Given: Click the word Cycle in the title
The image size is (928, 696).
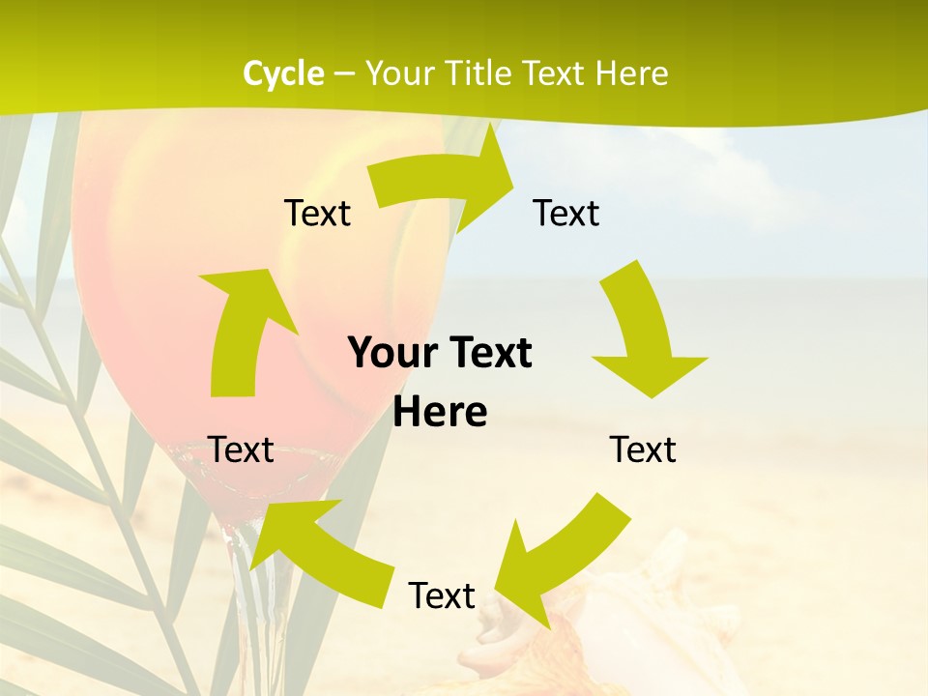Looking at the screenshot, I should click(x=283, y=73).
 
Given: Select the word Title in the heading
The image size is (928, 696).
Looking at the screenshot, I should click(x=479, y=73).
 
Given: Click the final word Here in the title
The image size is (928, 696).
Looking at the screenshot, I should click(x=630, y=73).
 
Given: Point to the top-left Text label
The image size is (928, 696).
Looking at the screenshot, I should click(x=317, y=213).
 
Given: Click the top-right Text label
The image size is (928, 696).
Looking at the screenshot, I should click(x=566, y=213).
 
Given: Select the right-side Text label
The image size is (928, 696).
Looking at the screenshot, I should click(x=643, y=449).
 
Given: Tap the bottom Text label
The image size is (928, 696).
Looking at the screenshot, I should click(x=442, y=595).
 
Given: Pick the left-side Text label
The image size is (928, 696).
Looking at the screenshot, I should click(x=242, y=449).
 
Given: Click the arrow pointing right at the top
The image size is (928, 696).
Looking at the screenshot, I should click(x=445, y=179).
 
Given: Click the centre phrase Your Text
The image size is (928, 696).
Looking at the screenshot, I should click(x=440, y=353).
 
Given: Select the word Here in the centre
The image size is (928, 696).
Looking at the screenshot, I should click(x=440, y=412).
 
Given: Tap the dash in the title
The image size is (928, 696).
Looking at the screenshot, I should click(x=344, y=73).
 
